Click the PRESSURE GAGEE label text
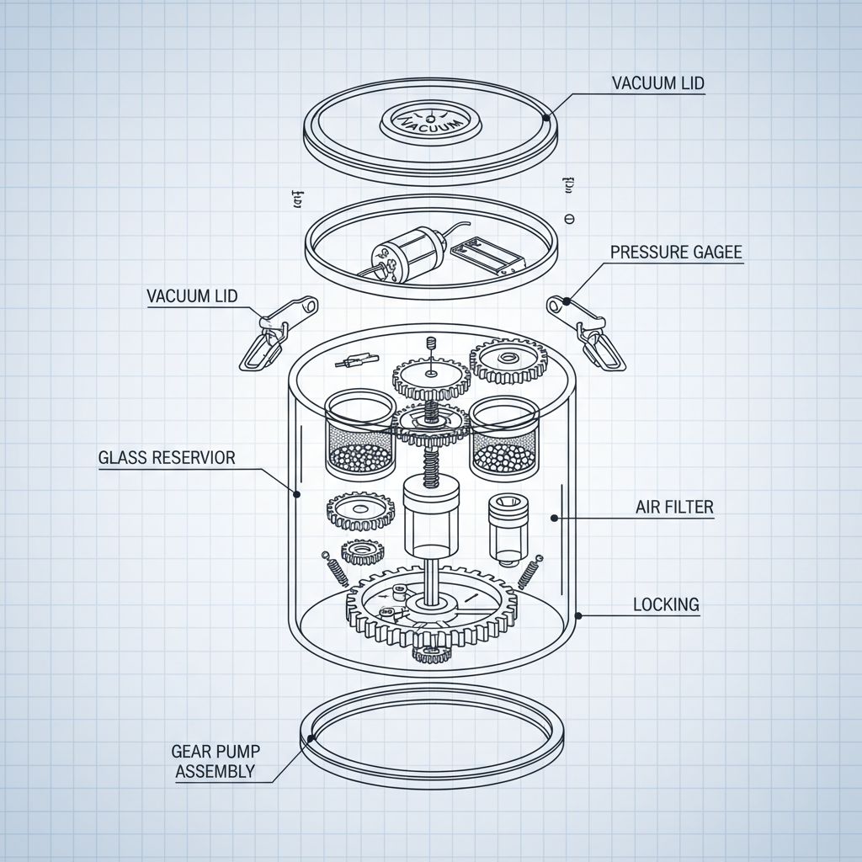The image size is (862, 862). click(x=676, y=252)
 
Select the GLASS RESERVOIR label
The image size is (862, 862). click(x=167, y=457)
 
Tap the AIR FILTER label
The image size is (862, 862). click(x=674, y=507)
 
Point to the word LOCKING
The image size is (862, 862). click(x=666, y=604)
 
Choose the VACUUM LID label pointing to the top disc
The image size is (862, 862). click(x=657, y=82)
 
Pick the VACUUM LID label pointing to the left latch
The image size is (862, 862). click(x=192, y=295)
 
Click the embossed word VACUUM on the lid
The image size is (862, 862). click(x=432, y=120)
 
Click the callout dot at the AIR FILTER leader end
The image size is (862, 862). click(x=553, y=519)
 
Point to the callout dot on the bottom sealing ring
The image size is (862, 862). click(x=311, y=739)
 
